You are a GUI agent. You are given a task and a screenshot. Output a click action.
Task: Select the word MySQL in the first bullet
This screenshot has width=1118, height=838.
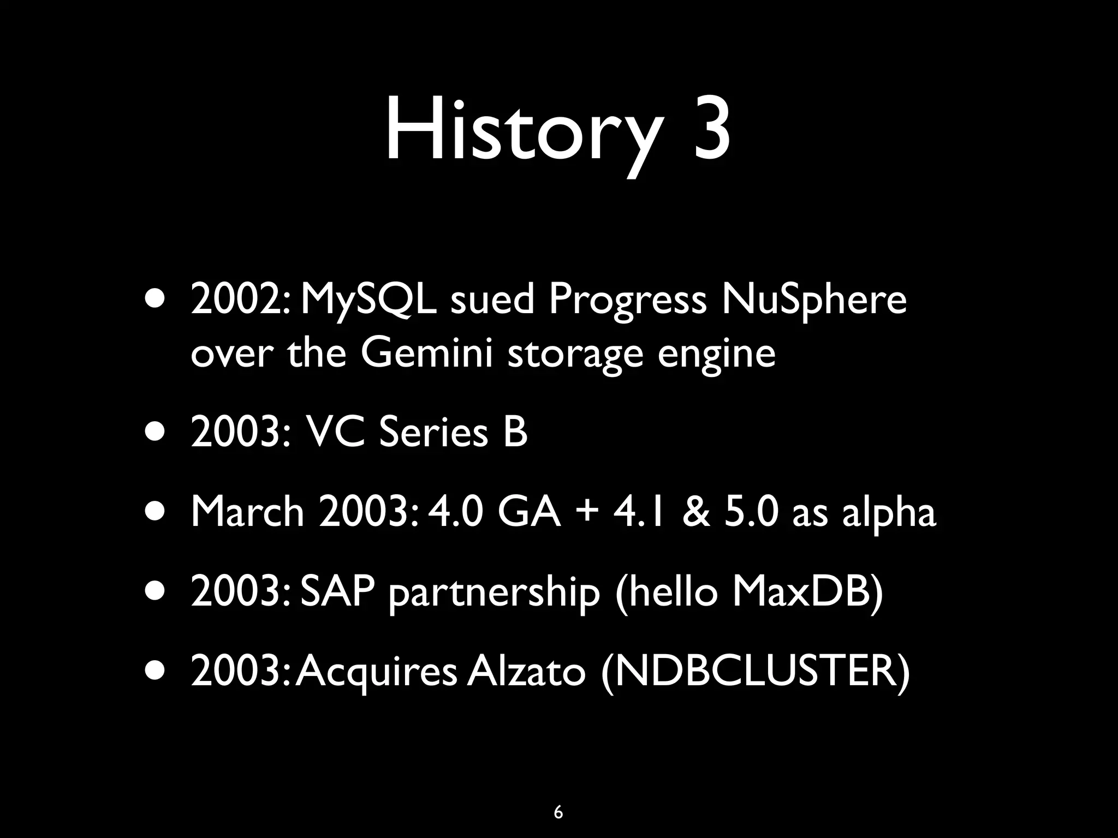click(x=369, y=302)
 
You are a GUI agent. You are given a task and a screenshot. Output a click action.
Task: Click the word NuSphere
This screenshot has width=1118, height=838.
click(x=814, y=302)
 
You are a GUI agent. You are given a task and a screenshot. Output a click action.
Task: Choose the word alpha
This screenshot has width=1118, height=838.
click(x=889, y=514)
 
